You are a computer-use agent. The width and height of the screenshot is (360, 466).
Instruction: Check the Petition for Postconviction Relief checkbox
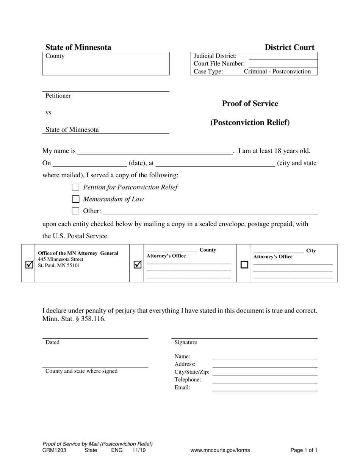click(76, 187)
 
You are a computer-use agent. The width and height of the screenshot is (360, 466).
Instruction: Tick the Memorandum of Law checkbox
click(76, 199)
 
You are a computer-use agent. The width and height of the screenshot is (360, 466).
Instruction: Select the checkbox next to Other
click(76, 211)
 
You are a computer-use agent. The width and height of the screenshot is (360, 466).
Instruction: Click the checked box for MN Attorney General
click(29, 265)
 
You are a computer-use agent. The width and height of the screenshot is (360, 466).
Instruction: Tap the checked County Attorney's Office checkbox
click(138, 265)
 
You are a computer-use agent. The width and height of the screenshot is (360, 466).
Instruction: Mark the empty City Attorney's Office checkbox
click(244, 265)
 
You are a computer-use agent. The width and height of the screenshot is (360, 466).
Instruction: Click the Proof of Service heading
click(250, 103)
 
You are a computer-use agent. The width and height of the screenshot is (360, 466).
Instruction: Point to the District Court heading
click(289, 47)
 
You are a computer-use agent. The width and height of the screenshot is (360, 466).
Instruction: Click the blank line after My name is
click(155, 152)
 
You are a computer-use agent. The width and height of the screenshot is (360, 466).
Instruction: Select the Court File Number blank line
click(283, 64)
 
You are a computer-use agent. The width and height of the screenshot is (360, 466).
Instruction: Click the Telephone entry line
click(265, 380)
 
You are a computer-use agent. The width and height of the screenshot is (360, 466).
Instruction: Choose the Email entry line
click(265, 388)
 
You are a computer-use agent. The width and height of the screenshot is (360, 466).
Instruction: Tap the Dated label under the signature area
click(52, 342)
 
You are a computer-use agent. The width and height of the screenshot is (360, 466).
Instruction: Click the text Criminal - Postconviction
click(277, 71)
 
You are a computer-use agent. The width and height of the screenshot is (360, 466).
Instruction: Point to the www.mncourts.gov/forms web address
click(220, 450)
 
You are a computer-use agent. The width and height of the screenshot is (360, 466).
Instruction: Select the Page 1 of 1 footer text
click(304, 450)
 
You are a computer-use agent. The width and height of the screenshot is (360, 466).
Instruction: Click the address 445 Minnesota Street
click(60, 259)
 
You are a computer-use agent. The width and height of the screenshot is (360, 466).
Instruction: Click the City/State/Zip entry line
click(265, 372)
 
